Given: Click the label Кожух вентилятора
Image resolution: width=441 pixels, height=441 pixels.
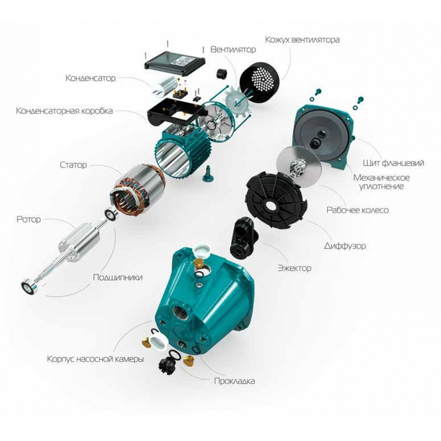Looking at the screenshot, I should coord(302,40).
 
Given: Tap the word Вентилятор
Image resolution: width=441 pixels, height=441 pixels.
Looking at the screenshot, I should coord(233,49).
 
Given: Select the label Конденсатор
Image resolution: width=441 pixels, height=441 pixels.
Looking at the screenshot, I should coord(90,78).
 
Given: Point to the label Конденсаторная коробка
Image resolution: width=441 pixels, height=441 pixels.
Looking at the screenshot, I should coord(64,111).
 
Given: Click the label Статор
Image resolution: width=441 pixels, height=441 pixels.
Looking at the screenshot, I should coord(73,165).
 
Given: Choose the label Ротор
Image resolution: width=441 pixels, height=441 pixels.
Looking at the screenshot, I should coord(29,219).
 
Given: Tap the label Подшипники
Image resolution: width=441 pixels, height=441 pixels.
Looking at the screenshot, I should coord(117,278).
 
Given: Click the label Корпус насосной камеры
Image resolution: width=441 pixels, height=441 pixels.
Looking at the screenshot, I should coord(95,359).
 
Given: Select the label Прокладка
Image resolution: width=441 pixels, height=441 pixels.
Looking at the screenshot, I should coord(234,381).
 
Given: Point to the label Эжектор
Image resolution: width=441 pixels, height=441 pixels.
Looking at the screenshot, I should coord(295,268).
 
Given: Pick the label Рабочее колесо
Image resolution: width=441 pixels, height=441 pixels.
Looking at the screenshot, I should coord(357,210).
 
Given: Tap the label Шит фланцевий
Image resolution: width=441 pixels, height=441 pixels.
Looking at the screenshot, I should coord(394,163).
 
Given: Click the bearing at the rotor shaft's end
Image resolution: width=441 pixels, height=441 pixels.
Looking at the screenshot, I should coord(31,287).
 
